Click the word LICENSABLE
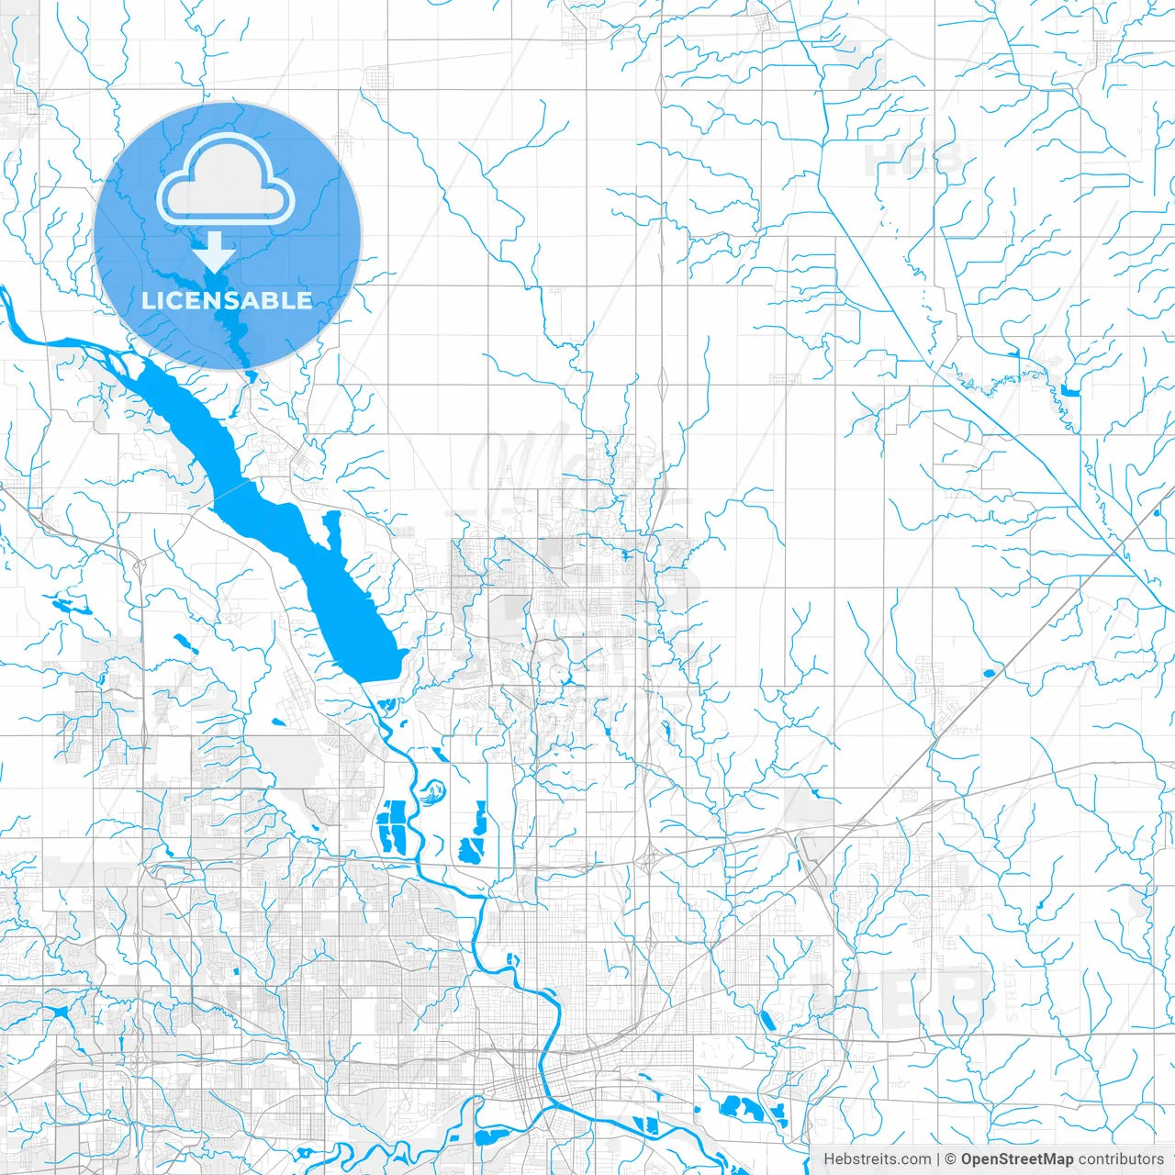(x=227, y=300)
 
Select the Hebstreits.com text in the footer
(x=877, y=1159)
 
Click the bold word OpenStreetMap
(x=1017, y=1159)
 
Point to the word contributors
(x=1121, y=1159)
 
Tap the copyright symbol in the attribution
(x=951, y=1159)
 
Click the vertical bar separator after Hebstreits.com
(x=938, y=1159)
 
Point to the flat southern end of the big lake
(x=381, y=672)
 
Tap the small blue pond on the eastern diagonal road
(x=989, y=674)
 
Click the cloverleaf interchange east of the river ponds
(x=650, y=860)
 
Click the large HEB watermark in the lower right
(x=927, y=996)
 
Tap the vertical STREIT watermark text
(x=1012, y=996)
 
